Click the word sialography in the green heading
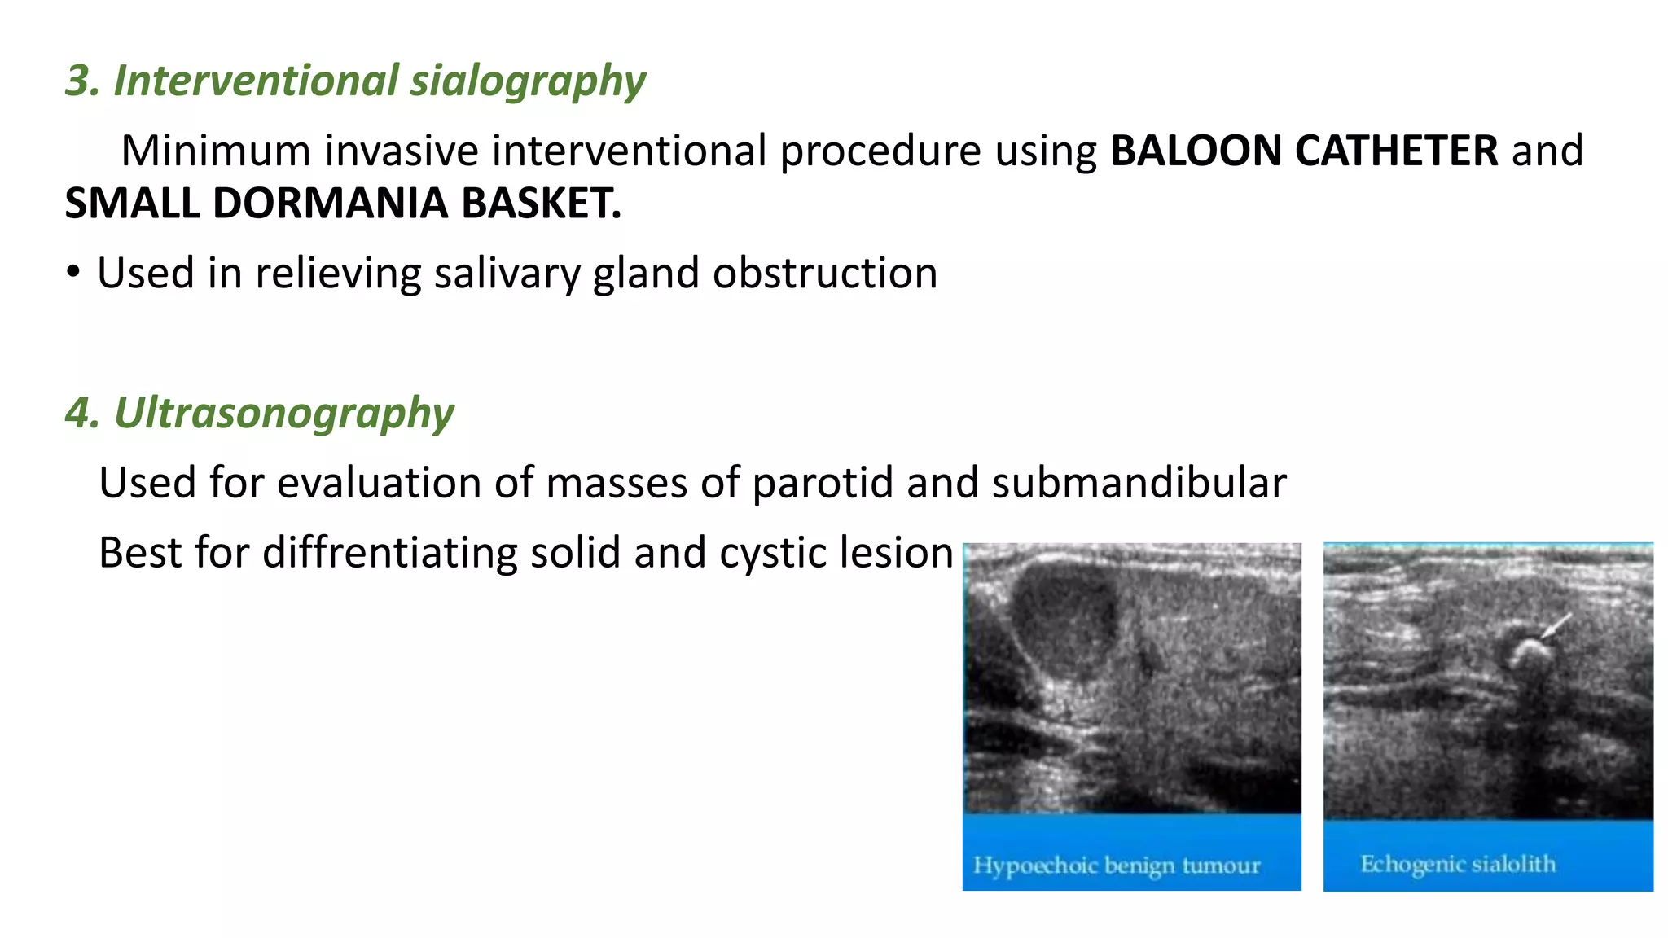click(527, 81)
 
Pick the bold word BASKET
click(541, 204)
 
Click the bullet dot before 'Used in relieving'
click(73, 273)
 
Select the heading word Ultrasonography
click(283, 414)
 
